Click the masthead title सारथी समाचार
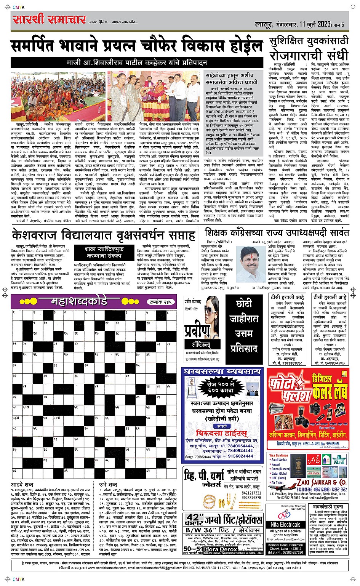(x=49, y=19)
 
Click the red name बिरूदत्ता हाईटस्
(x=221, y=433)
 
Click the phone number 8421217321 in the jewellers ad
(x=251, y=493)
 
